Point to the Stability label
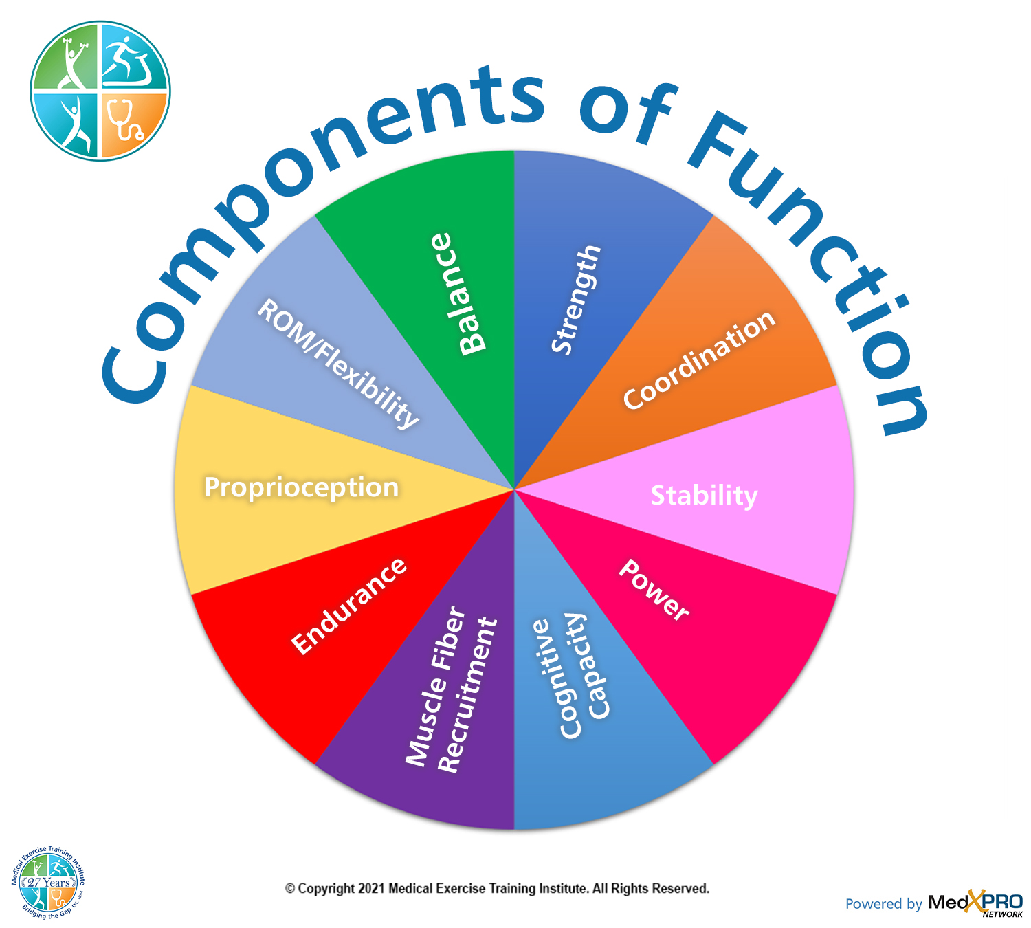pos(704,496)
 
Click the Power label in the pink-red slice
pos(654,590)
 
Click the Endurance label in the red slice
pos(349,606)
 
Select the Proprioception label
pos(302,487)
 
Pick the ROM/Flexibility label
pos(338,363)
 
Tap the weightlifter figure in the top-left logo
pos(71,62)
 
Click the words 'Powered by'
pos(883,904)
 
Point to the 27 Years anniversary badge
pos(48,883)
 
